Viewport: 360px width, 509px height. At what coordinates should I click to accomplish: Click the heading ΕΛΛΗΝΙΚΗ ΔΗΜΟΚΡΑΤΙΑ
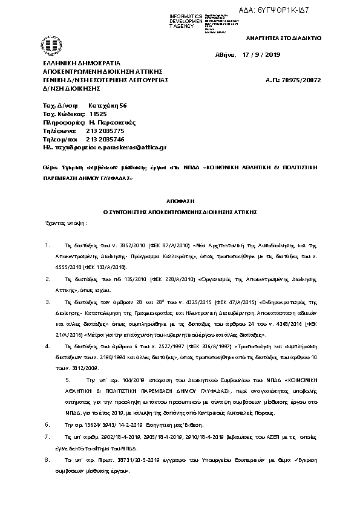(x=81, y=63)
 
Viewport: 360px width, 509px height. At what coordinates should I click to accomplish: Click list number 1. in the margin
(x=48, y=247)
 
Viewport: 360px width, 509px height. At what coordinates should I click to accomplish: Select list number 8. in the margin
(x=48, y=459)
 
